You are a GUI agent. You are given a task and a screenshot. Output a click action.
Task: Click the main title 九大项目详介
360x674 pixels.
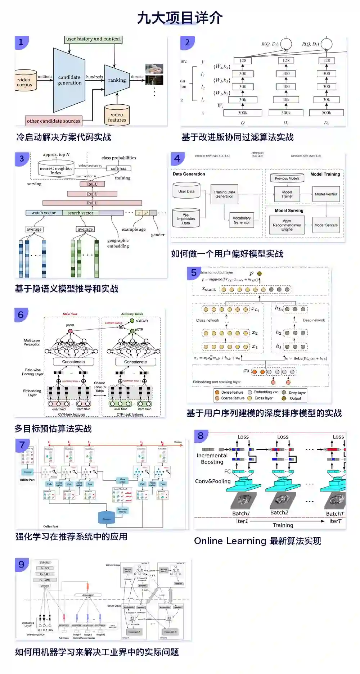[x=180, y=18]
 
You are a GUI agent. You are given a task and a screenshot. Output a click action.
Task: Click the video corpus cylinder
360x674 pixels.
[x=24, y=82]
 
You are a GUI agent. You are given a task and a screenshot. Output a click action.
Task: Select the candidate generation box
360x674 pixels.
[x=69, y=80]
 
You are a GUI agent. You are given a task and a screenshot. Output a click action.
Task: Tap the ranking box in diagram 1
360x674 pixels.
[x=117, y=80]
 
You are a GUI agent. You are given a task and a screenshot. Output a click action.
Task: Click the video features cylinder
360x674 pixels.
[x=117, y=116]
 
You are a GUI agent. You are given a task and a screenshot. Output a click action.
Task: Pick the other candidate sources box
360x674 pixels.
[x=53, y=121]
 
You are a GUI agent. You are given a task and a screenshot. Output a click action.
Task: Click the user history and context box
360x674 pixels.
[x=93, y=39]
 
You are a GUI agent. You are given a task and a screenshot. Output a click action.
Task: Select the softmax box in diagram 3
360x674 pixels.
[x=118, y=168]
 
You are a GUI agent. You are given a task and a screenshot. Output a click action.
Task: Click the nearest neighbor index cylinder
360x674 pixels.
[x=56, y=169]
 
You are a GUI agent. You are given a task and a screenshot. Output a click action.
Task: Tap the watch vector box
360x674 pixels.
[x=44, y=213]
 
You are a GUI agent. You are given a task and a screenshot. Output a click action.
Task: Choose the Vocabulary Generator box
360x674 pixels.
[x=242, y=220]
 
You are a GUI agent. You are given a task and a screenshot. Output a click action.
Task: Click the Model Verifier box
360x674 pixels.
[x=326, y=194]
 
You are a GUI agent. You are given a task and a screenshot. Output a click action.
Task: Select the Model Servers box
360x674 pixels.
[x=326, y=225]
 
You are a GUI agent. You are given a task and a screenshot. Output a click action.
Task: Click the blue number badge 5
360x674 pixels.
[x=194, y=273]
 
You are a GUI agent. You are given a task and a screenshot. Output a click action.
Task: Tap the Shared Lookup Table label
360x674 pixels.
[x=100, y=387]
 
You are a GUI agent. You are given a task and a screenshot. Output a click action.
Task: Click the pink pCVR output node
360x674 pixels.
[x=70, y=331]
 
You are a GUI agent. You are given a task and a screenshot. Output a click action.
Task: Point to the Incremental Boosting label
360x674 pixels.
[x=212, y=458]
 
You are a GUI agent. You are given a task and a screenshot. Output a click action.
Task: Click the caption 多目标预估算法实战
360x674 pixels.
[x=53, y=429]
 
